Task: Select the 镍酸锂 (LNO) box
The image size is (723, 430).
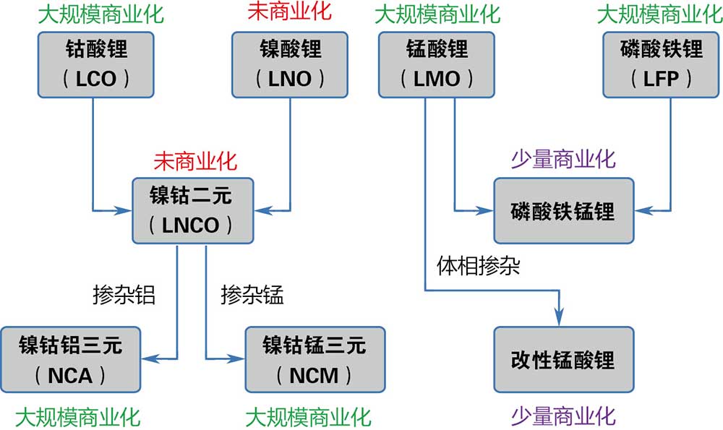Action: coord(290,65)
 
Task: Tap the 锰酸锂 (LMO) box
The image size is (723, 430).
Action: coord(437,65)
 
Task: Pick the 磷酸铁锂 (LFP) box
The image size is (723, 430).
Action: coord(662,65)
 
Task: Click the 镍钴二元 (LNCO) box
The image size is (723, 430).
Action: coord(192,211)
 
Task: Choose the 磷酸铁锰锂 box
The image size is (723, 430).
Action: coord(563,211)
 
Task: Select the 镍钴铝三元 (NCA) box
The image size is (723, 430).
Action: coord(70,359)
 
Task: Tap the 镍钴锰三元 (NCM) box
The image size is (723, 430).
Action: coord(315,359)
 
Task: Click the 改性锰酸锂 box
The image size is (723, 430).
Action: coord(563,359)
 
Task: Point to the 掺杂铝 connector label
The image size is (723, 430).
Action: coord(124,295)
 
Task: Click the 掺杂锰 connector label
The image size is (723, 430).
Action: coord(252,295)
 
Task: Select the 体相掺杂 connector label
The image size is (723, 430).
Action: coord(479,265)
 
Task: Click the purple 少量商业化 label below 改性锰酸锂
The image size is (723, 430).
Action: coord(563,416)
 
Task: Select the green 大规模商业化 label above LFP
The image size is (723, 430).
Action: coord(661,12)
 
